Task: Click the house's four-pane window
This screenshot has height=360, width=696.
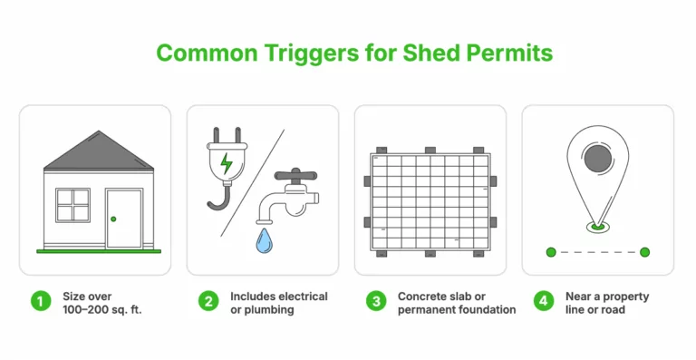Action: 72,206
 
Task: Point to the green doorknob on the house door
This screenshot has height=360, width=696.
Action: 112,219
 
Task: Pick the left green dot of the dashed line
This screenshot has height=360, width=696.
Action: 550,251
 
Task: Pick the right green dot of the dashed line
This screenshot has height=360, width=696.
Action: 644,251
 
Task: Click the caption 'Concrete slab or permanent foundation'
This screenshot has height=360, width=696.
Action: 456,303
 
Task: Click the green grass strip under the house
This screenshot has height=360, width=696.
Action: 99,250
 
